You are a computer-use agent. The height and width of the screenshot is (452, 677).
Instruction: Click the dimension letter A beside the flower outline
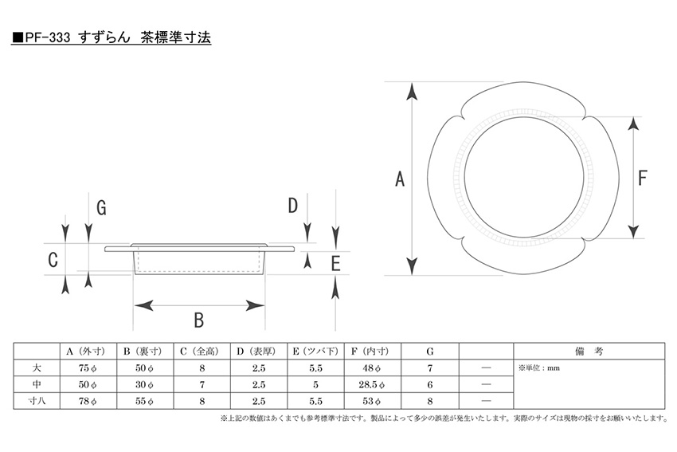(x=400, y=179)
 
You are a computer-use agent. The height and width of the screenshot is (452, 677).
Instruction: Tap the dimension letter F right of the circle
(x=643, y=178)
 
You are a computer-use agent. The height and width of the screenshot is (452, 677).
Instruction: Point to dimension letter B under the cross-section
(x=198, y=320)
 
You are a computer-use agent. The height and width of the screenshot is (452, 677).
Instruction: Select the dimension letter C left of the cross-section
(x=53, y=260)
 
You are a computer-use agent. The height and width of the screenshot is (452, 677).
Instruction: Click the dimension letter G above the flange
(x=101, y=208)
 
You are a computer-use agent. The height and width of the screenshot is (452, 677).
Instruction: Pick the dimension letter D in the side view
(x=293, y=206)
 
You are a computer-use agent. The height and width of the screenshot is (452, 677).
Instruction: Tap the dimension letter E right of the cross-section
(x=336, y=264)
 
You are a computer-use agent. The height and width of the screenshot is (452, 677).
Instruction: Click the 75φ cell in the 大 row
(x=88, y=368)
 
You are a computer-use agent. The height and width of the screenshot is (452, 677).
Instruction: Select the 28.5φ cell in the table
(x=372, y=384)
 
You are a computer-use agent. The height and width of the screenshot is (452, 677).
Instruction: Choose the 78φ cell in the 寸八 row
(x=88, y=401)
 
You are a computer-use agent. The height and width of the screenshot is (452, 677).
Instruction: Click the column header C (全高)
(x=202, y=352)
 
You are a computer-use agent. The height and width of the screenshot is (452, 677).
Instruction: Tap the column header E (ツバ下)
(x=315, y=352)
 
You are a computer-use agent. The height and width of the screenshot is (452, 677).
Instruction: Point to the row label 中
(x=37, y=384)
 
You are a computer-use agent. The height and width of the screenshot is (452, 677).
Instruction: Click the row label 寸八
(x=37, y=400)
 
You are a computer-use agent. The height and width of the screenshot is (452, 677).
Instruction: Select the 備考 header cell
(x=589, y=352)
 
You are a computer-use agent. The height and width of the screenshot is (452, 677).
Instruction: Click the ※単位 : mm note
(x=539, y=368)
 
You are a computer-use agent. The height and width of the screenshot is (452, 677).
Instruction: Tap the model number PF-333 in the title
(x=47, y=37)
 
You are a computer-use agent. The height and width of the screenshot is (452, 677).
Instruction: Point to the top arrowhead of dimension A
(x=412, y=92)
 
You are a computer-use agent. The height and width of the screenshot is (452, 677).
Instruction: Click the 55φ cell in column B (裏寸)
(x=144, y=401)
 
